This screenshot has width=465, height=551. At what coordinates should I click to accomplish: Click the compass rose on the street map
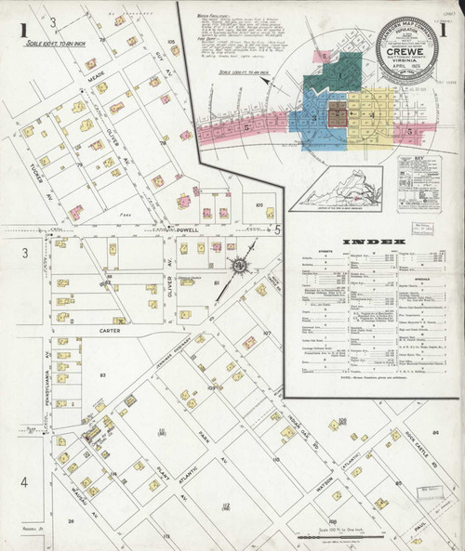point(239,267)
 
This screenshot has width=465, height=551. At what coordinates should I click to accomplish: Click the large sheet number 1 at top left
point(21,31)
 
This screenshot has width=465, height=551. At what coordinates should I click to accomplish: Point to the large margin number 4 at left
point(25,482)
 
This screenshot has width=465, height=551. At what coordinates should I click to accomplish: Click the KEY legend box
point(418,183)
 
